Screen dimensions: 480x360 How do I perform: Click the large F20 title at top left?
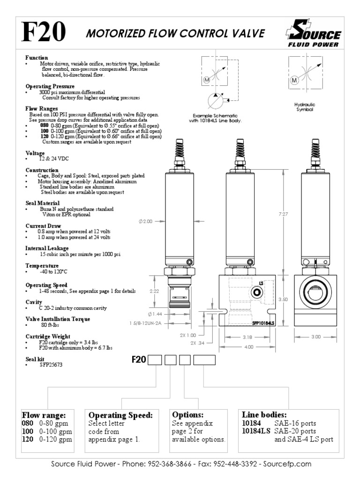(x=43, y=33)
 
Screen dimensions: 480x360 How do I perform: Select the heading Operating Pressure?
(x=50, y=87)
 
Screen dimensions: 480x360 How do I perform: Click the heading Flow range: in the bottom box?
(x=45, y=415)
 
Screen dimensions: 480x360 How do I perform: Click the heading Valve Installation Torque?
(x=58, y=319)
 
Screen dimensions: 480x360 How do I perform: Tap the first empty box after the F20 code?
(x=155, y=360)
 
